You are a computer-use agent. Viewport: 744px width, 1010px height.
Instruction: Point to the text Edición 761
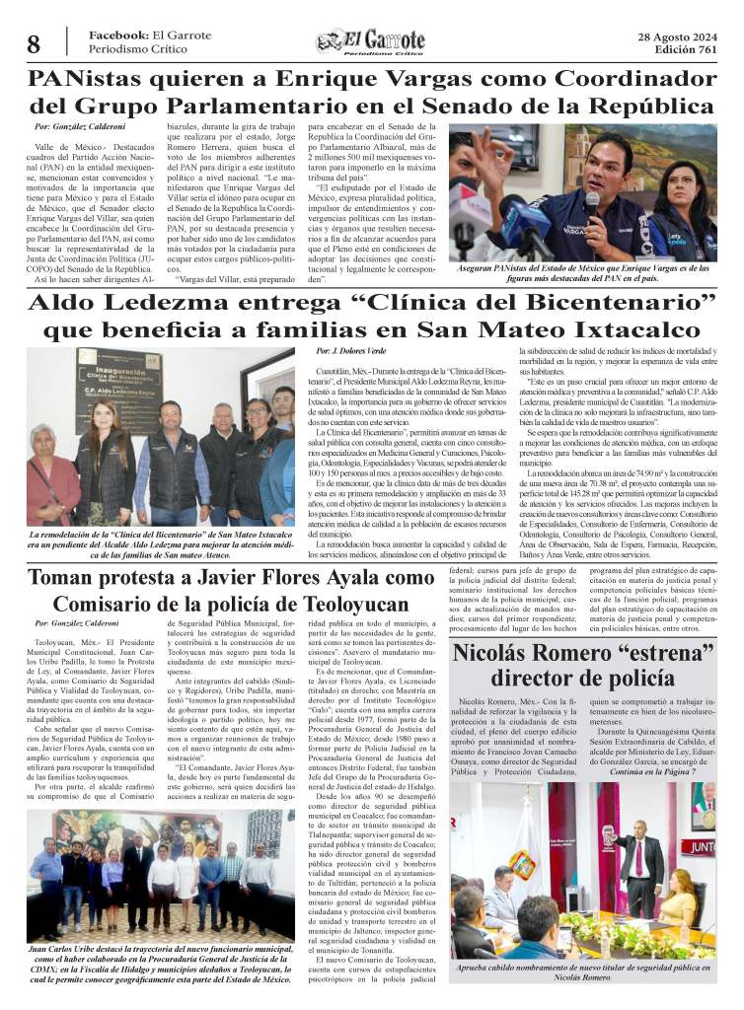688,50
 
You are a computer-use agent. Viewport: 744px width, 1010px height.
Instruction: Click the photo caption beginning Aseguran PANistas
583,273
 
